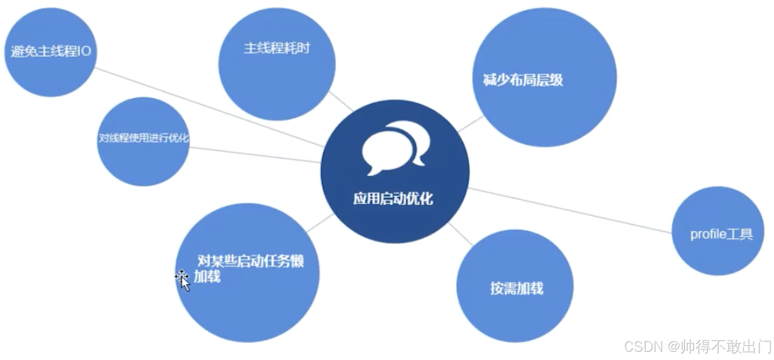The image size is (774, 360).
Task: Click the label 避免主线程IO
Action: pyautogui.click(x=50, y=51)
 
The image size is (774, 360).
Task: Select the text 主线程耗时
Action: pyautogui.click(x=276, y=48)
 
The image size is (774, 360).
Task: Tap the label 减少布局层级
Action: pyautogui.click(x=523, y=80)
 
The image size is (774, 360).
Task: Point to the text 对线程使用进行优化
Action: pyautogui.click(x=143, y=138)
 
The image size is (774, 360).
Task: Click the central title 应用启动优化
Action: pyautogui.click(x=393, y=199)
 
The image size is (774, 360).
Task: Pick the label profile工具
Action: pyautogui.click(x=721, y=234)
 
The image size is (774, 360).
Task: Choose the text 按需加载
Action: pyautogui.click(x=517, y=288)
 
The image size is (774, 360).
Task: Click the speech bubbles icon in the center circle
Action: pyautogui.click(x=394, y=147)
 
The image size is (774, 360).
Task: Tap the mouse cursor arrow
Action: pyautogui.click(x=183, y=280)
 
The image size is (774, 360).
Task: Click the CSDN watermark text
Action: pyautogui.click(x=643, y=347)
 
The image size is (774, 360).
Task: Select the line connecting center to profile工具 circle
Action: pyautogui.click(x=568, y=211)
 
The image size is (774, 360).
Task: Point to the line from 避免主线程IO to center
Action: pyautogui.click(x=209, y=107)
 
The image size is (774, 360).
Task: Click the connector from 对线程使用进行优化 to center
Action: pyautogui.click(x=255, y=155)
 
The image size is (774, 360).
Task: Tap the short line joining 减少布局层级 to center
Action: pyautogui.click(x=471, y=124)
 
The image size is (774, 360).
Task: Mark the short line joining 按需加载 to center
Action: pyautogui.click(x=460, y=235)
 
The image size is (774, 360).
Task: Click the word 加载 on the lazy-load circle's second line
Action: pyautogui.click(x=207, y=276)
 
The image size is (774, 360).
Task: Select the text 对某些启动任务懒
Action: pyautogui.click(x=251, y=261)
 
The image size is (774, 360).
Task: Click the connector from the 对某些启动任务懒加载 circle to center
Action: pyautogui.click(x=320, y=223)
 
